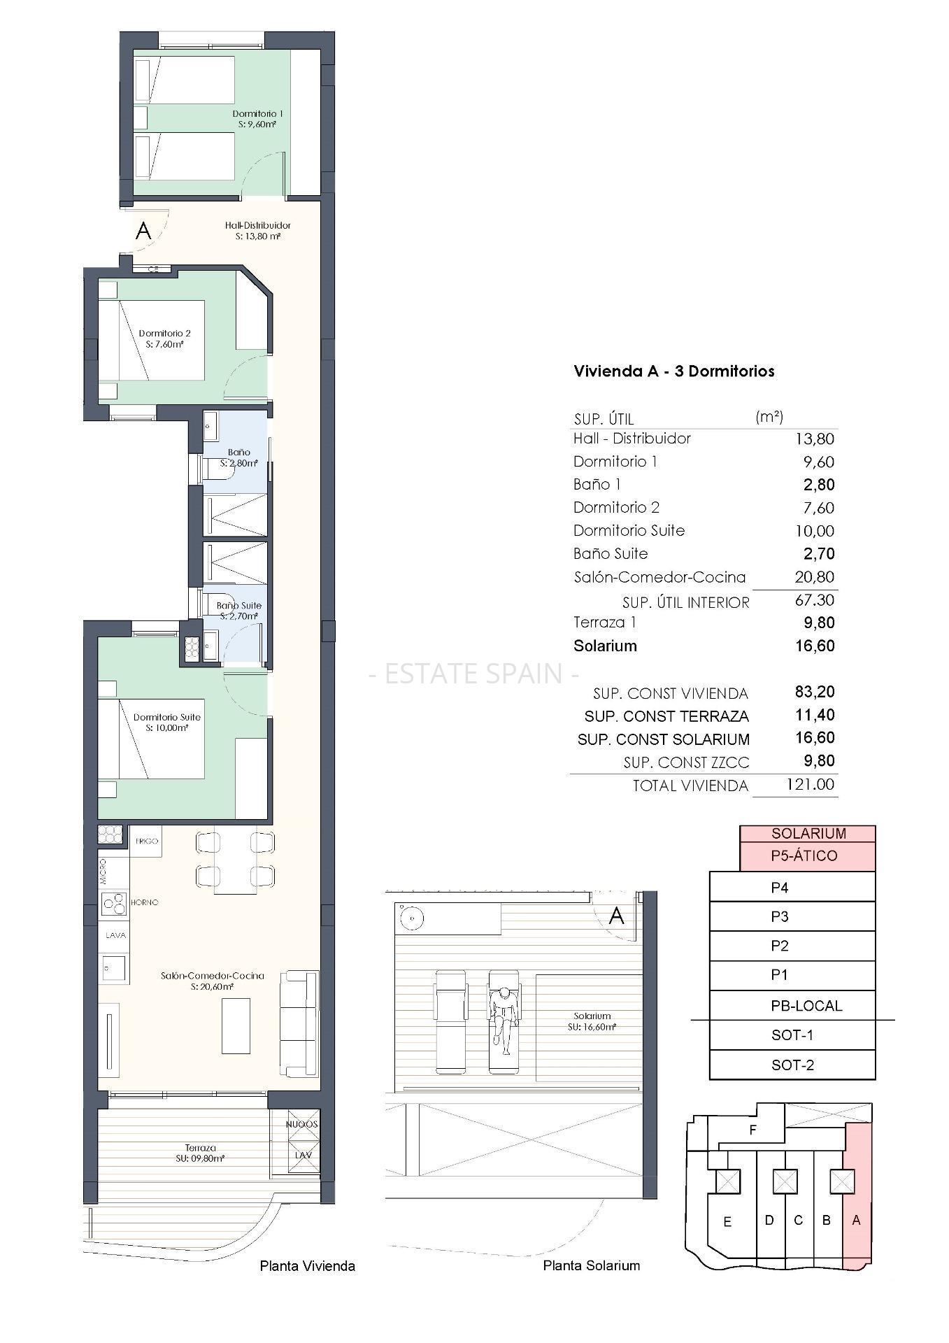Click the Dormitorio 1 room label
(257, 113)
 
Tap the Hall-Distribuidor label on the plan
(258, 225)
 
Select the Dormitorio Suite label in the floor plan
(167, 717)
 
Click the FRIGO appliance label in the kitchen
(147, 841)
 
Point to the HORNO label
(145, 902)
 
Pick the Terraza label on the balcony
(201, 1148)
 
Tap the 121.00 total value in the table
(811, 784)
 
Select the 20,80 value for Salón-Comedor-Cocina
(815, 577)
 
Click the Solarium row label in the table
(605, 646)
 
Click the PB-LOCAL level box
(792, 1006)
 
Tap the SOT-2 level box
(792, 1065)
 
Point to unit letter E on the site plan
(727, 1222)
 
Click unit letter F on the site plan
(753, 1130)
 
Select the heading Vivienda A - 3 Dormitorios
(674, 371)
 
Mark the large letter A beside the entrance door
(143, 230)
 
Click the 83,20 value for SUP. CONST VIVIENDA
(815, 692)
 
